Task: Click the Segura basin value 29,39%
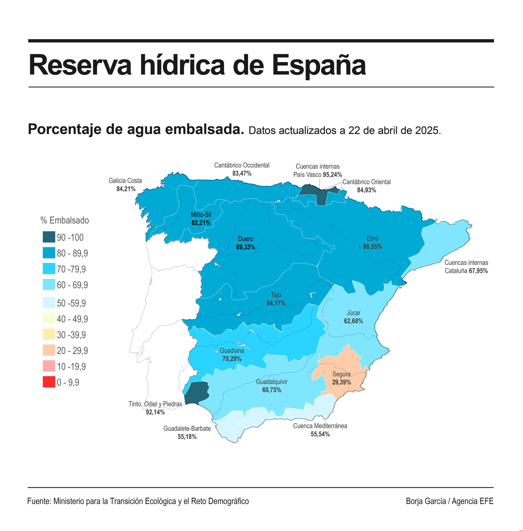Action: (x=341, y=382)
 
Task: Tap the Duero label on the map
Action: (x=245, y=239)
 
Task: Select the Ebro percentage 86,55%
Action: (x=372, y=247)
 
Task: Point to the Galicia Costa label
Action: (x=125, y=181)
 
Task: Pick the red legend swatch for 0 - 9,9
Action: (x=49, y=382)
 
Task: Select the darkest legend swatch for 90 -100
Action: (x=49, y=237)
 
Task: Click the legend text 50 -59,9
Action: (x=71, y=303)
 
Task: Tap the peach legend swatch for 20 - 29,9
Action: (x=49, y=350)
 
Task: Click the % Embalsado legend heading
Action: (x=65, y=220)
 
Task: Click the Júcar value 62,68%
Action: (x=353, y=321)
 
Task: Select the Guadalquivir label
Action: (x=272, y=382)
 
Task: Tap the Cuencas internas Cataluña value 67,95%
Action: (x=478, y=271)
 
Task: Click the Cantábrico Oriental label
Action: (x=366, y=182)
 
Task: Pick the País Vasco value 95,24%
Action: (x=332, y=175)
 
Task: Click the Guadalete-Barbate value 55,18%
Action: (x=187, y=437)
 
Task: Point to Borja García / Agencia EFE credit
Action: (x=449, y=501)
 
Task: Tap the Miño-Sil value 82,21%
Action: (x=201, y=223)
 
